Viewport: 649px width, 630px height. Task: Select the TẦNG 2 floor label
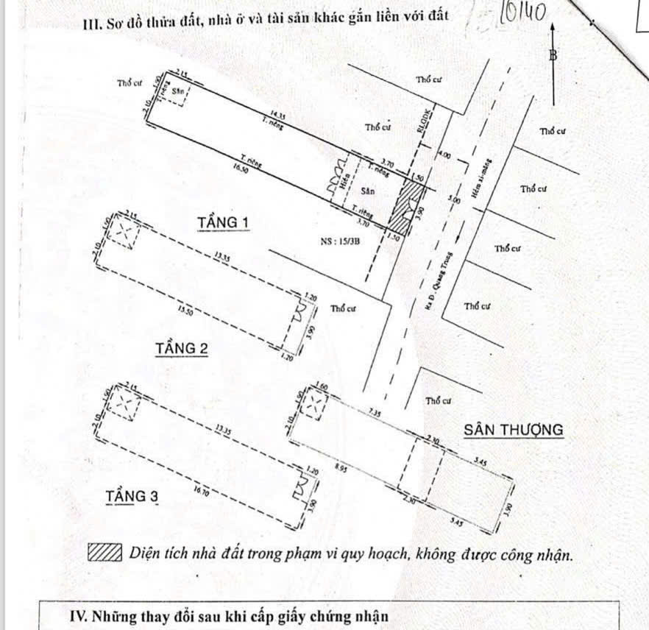click(x=181, y=347)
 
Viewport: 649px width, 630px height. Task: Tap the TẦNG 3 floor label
click(x=132, y=497)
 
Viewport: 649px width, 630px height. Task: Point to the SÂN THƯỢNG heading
click(x=513, y=429)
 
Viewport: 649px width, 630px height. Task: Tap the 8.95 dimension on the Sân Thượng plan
click(x=341, y=468)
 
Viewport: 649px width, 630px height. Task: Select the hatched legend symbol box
click(x=104, y=553)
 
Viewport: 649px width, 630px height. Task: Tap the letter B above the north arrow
click(x=553, y=54)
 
